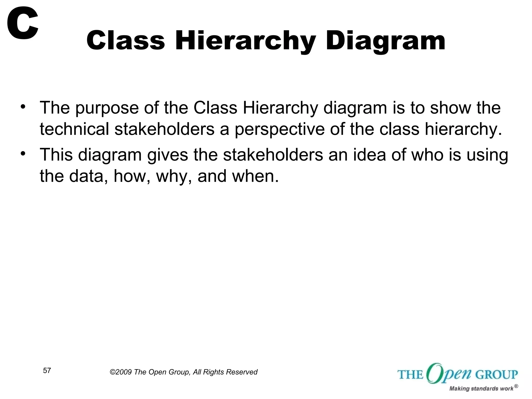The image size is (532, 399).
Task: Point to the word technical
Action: click(74, 129)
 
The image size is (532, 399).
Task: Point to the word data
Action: click(88, 176)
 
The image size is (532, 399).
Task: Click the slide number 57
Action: click(47, 370)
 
